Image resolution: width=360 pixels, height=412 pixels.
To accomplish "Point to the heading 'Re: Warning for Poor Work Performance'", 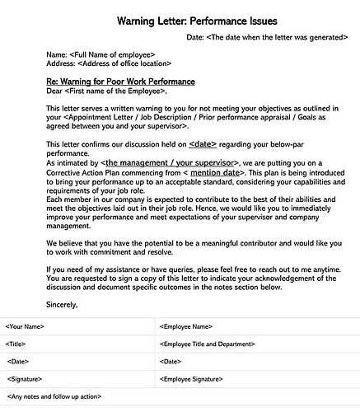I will [x=121, y=82].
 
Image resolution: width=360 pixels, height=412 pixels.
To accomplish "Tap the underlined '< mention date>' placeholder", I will [x=213, y=172].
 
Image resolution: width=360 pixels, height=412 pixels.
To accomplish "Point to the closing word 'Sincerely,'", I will [x=62, y=305].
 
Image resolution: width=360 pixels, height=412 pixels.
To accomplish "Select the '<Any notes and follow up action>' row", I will [x=54, y=397].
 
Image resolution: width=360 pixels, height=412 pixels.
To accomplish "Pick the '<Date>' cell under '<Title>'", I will [x=18, y=362].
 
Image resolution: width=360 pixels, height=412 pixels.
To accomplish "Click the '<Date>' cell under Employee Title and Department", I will [x=171, y=362].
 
